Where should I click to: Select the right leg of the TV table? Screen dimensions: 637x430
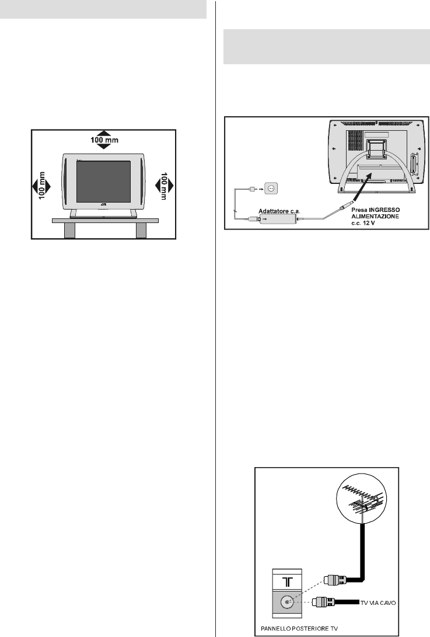point(141,229)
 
